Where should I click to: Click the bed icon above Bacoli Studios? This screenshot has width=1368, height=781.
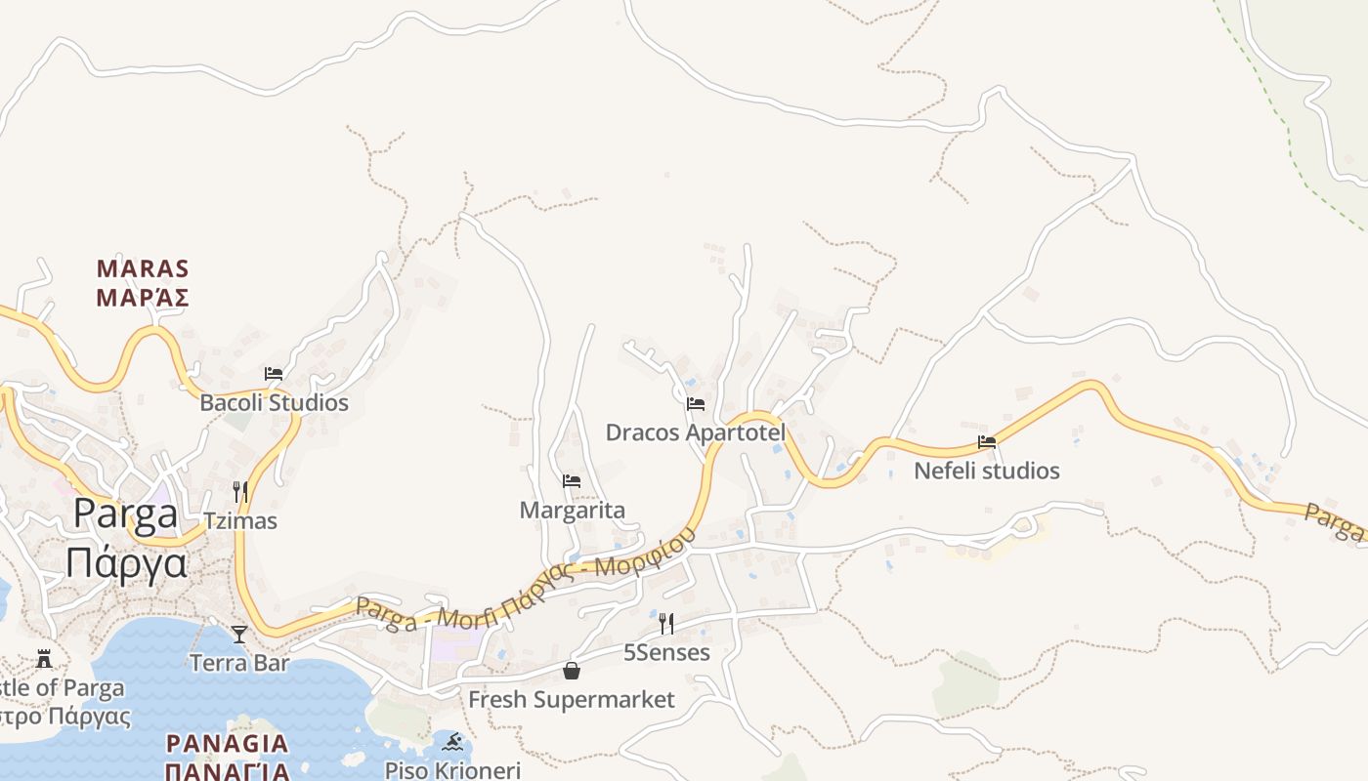(x=274, y=373)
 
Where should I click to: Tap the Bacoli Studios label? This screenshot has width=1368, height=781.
(x=274, y=402)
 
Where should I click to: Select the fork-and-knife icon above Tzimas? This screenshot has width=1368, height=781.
(x=240, y=490)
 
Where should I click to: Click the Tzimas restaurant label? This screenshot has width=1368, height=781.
(x=240, y=520)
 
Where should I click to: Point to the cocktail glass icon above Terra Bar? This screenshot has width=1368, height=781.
(x=239, y=635)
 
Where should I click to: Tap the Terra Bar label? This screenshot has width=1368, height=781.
(x=239, y=663)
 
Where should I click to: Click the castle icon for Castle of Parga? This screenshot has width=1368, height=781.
(x=44, y=659)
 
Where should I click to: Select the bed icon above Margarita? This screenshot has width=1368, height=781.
(x=572, y=480)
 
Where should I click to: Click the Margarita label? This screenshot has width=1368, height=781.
(x=572, y=510)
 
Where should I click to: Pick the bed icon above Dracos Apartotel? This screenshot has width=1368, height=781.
(x=696, y=403)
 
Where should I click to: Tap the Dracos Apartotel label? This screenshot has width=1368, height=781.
(x=696, y=432)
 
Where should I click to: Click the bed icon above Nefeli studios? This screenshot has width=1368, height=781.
(x=987, y=441)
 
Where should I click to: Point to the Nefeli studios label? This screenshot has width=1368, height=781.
(x=987, y=471)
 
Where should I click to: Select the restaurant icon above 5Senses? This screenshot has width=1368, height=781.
(x=666, y=623)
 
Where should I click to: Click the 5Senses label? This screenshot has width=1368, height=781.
(x=666, y=652)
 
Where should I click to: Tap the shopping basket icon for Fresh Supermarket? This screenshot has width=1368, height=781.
(x=572, y=671)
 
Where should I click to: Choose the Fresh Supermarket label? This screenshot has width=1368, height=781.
(x=572, y=699)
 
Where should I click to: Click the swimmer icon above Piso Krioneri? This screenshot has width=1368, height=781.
(x=452, y=742)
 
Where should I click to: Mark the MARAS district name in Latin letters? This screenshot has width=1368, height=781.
(x=143, y=268)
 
